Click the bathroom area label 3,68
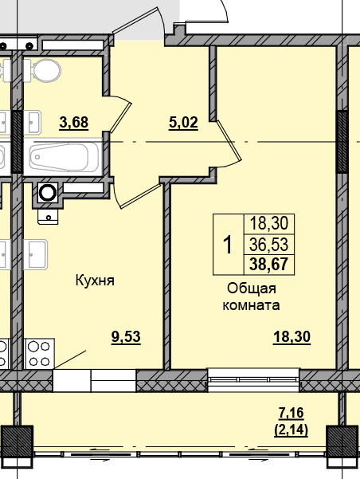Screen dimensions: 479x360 (73, 122)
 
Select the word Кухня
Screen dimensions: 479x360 (96, 281)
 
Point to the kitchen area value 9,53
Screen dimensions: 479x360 (126, 336)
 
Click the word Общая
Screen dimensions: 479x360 (251, 289)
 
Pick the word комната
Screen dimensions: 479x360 (251, 305)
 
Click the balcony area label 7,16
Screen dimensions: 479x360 (292, 412)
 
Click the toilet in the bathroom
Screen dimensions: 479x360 (45, 71)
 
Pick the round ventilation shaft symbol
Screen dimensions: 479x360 (48, 192)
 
